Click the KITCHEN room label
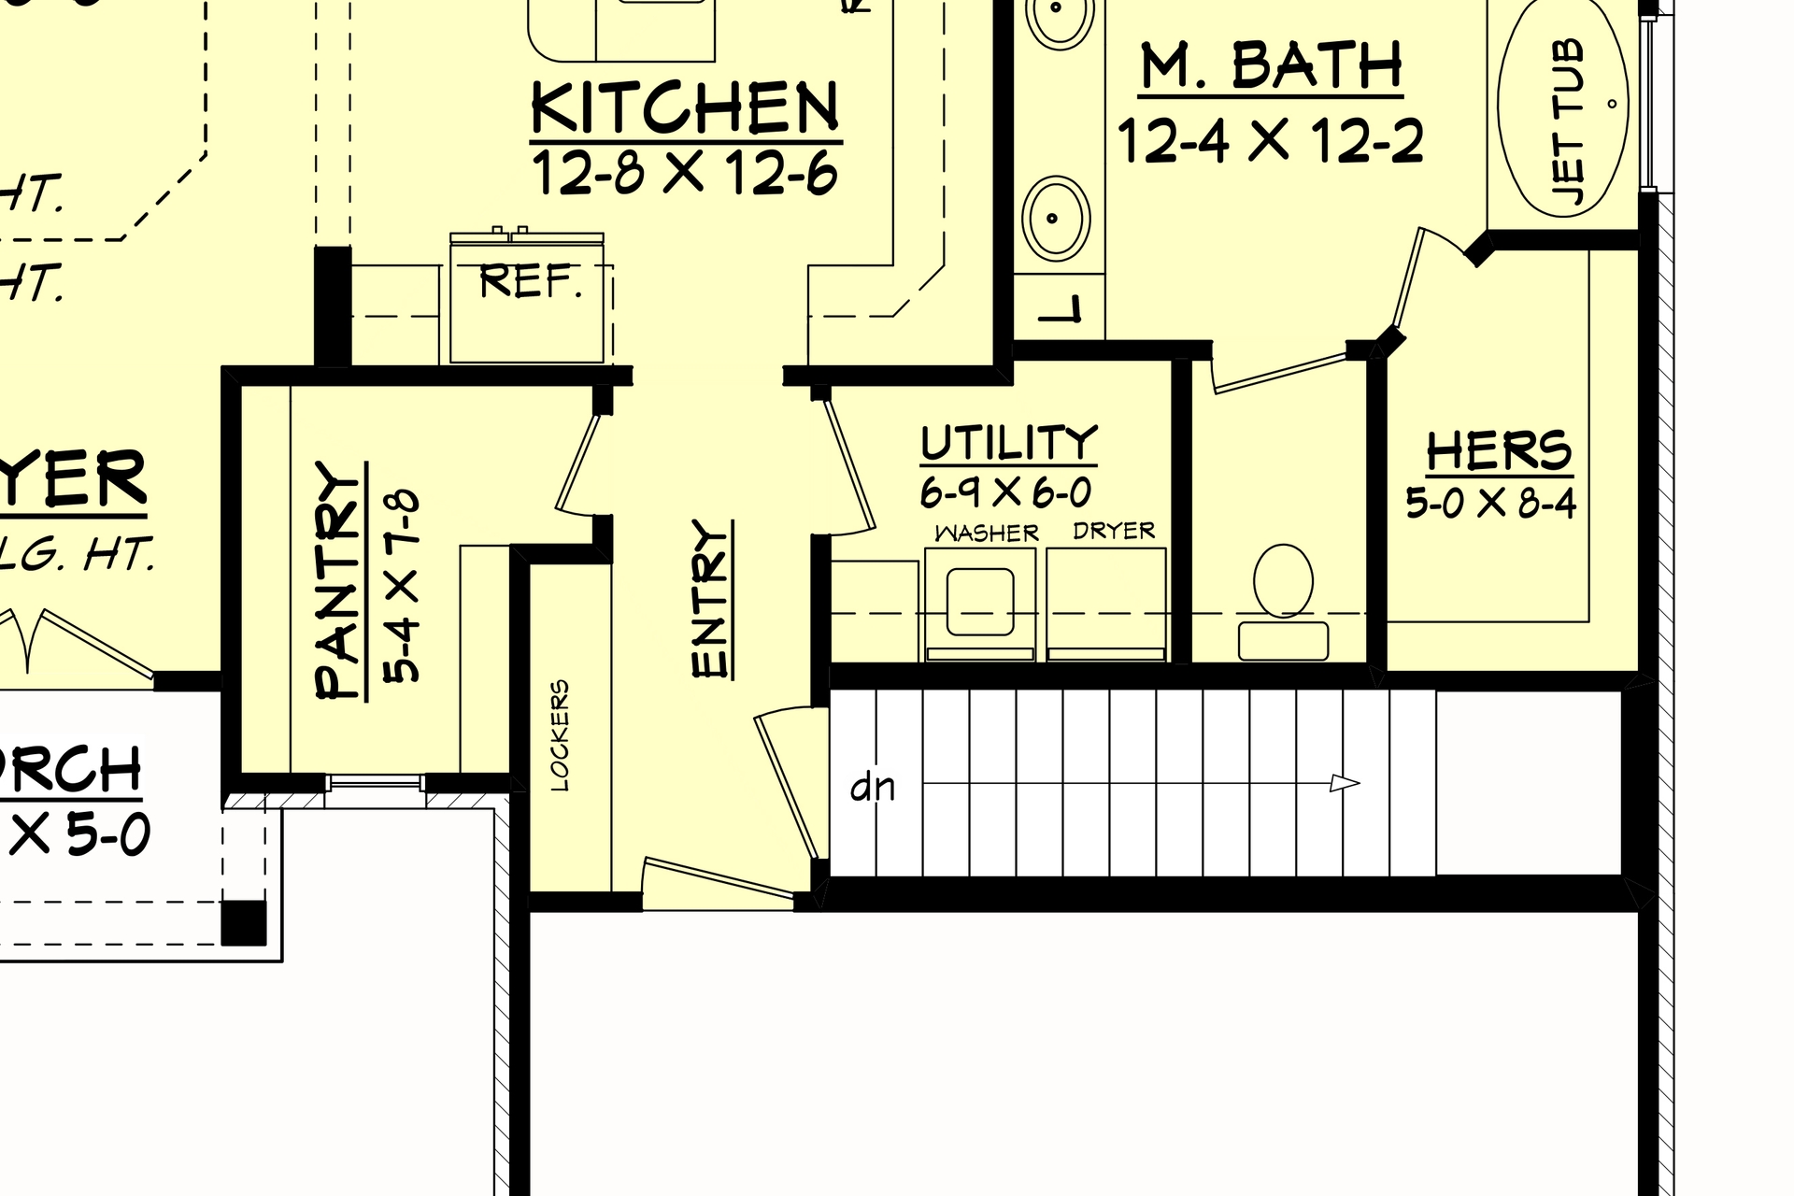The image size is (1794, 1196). click(685, 107)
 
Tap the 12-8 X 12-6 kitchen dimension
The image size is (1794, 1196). click(685, 174)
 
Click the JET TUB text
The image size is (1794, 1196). click(1568, 121)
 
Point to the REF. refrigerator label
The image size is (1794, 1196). click(530, 281)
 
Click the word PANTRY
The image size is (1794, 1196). click(337, 580)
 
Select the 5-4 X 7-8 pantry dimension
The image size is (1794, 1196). click(403, 586)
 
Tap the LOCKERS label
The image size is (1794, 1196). click(560, 735)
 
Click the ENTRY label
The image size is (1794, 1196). click(711, 598)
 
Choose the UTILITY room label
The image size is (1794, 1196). click(1008, 443)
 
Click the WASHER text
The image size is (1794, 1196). click(987, 534)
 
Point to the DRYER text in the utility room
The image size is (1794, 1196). click(1114, 531)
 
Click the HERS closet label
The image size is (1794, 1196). click(1499, 451)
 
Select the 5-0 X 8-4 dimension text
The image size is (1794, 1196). click(1491, 505)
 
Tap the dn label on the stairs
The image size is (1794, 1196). click(873, 787)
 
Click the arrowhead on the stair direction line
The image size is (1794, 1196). click(1345, 783)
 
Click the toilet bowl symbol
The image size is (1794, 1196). click(1283, 581)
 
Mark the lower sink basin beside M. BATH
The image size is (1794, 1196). click(1056, 218)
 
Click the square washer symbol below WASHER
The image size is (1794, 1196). click(980, 601)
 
